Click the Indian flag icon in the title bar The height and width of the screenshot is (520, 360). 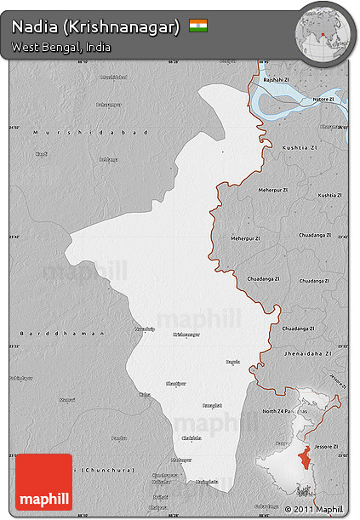[198, 26]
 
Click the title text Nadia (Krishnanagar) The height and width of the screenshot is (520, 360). [95, 26]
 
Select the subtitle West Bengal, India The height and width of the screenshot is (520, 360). [61, 47]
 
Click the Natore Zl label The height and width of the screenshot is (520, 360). [323, 100]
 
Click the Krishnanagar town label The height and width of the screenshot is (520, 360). [186, 334]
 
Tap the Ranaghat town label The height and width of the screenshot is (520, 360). [212, 406]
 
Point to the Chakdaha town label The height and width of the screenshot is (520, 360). [193, 437]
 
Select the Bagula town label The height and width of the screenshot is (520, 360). [232, 362]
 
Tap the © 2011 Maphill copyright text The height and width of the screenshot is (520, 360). [315, 509]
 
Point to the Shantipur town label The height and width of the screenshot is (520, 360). [175, 383]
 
